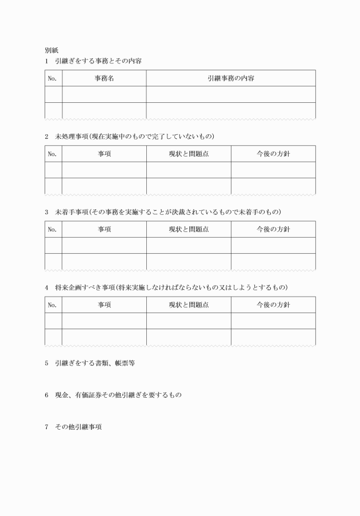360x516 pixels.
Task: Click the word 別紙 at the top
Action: pyautogui.click(x=52, y=50)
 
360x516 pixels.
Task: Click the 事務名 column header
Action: pyautogui.click(x=104, y=78)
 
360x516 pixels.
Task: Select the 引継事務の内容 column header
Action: pyautogui.click(x=231, y=78)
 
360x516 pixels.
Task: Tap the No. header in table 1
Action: pyautogui.click(x=53, y=78)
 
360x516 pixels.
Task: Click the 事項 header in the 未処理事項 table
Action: pyautogui.click(x=104, y=154)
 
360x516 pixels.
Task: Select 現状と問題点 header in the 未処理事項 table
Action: pyautogui.click(x=189, y=154)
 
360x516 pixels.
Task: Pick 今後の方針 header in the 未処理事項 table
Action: pyautogui.click(x=273, y=154)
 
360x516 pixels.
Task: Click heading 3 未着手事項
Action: pyautogui.click(x=162, y=212)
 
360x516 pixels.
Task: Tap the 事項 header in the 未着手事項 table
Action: pyautogui.click(x=104, y=229)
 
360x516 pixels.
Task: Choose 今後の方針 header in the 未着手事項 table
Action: pyautogui.click(x=273, y=229)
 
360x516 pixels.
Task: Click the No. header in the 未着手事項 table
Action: pyautogui.click(x=53, y=229)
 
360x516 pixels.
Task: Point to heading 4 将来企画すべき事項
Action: pyautogui.click(x=166, y=287)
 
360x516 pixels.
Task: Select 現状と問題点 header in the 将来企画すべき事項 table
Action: pyautogui.click(x=189, y=305)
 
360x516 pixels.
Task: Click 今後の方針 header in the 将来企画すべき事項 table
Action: pyautogui.click(x=273, y=305)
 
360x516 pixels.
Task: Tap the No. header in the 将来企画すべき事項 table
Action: pyautogui.click(x=53, y=305)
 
